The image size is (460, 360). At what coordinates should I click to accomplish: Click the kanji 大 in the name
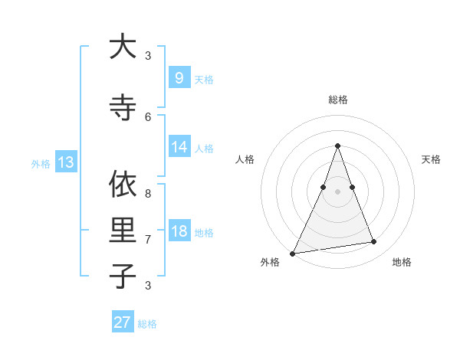123,47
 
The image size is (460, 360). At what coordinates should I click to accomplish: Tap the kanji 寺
123,108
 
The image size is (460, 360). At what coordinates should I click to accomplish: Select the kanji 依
123,185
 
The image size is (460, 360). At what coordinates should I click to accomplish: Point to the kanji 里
123,231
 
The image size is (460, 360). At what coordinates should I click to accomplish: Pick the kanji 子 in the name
123,276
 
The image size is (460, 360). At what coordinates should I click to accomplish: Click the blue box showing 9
179,77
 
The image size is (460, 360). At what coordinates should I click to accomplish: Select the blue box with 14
179,147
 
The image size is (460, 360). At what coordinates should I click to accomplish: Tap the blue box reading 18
179,231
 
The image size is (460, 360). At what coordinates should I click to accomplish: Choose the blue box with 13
66,162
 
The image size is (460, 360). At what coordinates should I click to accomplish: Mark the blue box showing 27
123,322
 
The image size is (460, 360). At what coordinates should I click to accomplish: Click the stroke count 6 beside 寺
148,116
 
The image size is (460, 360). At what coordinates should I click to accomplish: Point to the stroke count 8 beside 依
148,194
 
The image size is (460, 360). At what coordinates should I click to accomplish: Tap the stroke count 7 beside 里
148,239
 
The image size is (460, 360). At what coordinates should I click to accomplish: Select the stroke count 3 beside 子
148,285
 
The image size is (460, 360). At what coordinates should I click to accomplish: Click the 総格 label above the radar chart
337,100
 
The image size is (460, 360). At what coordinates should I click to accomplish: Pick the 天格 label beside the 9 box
203,79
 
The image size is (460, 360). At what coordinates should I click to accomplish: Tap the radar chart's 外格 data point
293,253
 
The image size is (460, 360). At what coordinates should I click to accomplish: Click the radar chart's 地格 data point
374,242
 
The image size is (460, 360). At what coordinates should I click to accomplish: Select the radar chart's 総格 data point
337,146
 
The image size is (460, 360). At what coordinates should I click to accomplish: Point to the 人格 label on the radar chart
245,159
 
